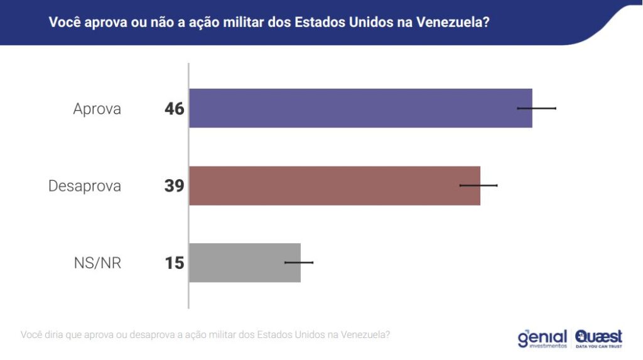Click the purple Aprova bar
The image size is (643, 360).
(360, 108)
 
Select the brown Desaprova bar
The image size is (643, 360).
(334, 186)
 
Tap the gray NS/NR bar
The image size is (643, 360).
(244, 263)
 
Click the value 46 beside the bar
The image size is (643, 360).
(175, 109)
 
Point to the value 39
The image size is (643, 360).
(175, 186)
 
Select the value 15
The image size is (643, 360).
(175, 263)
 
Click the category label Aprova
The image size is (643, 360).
(97, 109)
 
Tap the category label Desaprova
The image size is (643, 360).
(85, 187)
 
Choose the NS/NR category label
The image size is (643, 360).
(97, 263)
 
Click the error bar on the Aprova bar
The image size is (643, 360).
(537, 109)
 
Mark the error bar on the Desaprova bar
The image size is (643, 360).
(478, 185)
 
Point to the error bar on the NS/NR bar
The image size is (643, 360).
(299, 262)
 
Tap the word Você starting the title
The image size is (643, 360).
(64, 23)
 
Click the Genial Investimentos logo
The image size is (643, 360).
(542, 338)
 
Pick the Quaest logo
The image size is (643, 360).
(598, 337)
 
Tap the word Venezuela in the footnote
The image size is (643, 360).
(365, 334)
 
